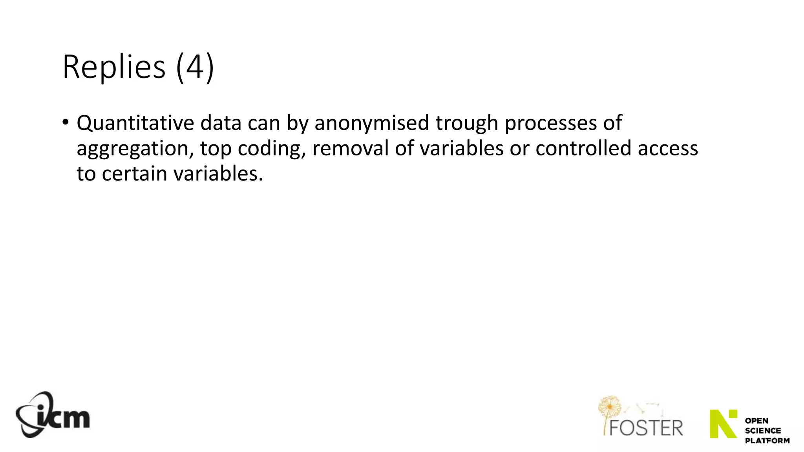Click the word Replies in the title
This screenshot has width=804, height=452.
114,67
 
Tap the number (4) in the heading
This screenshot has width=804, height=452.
195,67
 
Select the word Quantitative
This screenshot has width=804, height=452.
135,123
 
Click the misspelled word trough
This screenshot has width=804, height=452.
467,123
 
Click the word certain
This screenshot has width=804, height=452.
135,174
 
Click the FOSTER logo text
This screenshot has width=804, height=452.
646,428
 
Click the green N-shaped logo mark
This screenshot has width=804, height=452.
723,424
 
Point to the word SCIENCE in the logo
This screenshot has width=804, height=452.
763,431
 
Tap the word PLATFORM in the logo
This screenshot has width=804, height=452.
767,441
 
